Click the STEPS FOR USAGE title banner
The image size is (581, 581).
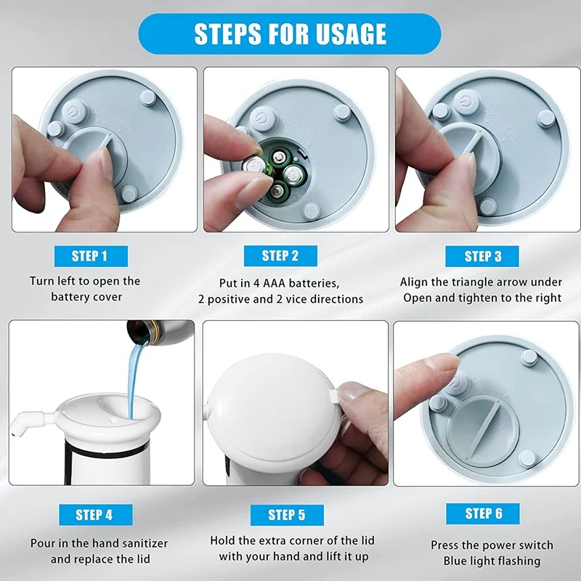point(290,34)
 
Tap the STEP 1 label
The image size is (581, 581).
point(91,256)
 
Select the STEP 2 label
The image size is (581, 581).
point(280,256)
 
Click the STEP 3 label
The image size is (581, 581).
point(482,256)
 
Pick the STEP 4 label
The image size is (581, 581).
point(96,515)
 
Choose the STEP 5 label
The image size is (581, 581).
point(287,515)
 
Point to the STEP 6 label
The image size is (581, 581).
point(483,513)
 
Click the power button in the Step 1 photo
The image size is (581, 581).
point(75,110)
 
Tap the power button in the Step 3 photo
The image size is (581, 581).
point(466,102)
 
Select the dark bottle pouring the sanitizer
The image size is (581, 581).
point(160,332)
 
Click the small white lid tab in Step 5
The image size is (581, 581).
point(333,396)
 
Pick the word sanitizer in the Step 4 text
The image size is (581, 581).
point(145,543)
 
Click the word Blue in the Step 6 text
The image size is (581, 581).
point(455,561)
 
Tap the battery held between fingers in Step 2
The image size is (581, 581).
point(257,165)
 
